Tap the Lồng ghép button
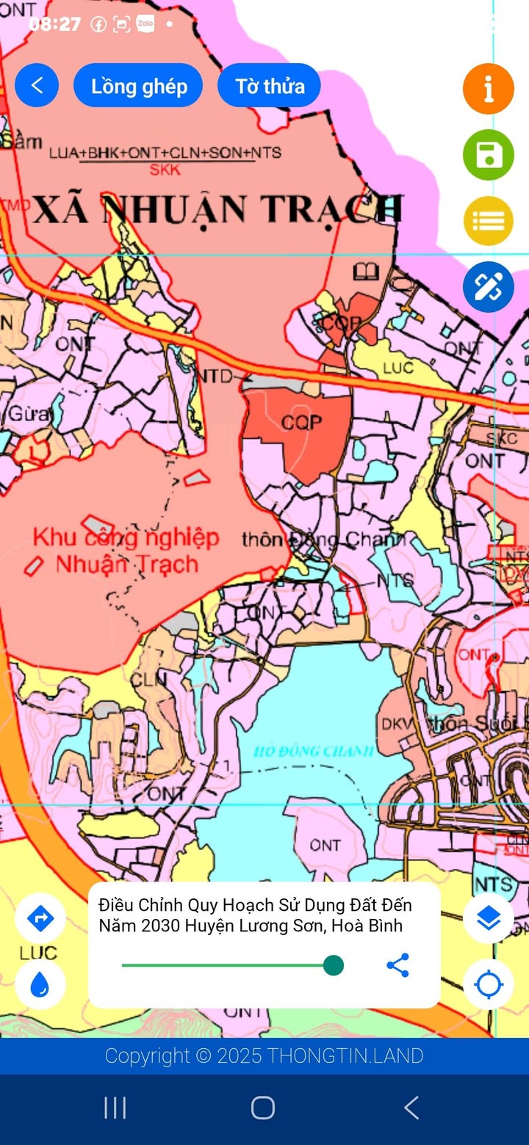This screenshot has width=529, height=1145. coord(138,86)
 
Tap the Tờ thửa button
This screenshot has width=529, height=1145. coord(270,86)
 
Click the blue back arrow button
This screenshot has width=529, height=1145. coord(37,86)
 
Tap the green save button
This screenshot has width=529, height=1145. coord(488,155)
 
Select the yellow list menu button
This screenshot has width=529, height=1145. coord(488,220)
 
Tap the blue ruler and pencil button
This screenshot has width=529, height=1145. coord(488,286)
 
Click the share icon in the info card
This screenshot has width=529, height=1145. coord(397,965)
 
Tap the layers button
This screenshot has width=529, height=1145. coord(488,917)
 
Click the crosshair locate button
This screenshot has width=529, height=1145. coord(488,984)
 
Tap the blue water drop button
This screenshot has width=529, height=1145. coord(40,984)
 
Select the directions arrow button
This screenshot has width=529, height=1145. coord(40,917)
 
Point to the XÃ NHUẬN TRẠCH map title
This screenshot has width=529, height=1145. coord(218,210)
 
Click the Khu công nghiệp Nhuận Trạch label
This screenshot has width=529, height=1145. coord(126,550)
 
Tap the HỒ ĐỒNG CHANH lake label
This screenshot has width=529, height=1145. coord(314,751)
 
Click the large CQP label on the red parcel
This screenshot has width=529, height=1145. coord(301,423)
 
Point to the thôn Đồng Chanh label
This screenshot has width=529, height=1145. coord(323,541)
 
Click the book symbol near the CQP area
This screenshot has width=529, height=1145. coord(365,273)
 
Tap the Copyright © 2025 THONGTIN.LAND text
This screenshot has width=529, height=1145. coord(264,1056)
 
